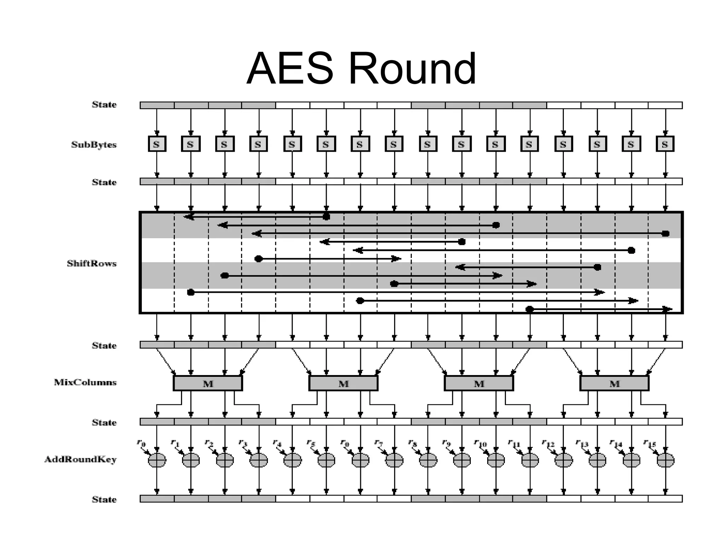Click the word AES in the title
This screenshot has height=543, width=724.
(290, 69)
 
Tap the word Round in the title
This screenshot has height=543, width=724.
(413, 69)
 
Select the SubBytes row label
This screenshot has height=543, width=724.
(94, 145)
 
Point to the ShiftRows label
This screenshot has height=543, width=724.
(92, 263)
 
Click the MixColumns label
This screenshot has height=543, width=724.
(85, 382)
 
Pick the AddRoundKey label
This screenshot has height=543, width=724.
(80, 459)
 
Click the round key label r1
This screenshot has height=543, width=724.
(175, 443)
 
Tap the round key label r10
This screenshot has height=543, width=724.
(480, 443)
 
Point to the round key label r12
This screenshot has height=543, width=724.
(548, 443)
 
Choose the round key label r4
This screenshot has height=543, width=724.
(277, 443)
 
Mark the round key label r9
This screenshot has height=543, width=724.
(446, 443)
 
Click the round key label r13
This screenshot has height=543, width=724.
(582, 443)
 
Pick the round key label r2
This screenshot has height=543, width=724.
(209, 443)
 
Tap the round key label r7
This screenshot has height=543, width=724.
(378, 443)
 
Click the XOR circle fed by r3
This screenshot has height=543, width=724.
(259, 460)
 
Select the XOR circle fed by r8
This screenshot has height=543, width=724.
(428, 460)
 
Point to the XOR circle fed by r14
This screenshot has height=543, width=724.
(631, 460)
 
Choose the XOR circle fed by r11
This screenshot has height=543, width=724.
(530, 460)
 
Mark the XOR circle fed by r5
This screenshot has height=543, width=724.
(326, 460)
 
